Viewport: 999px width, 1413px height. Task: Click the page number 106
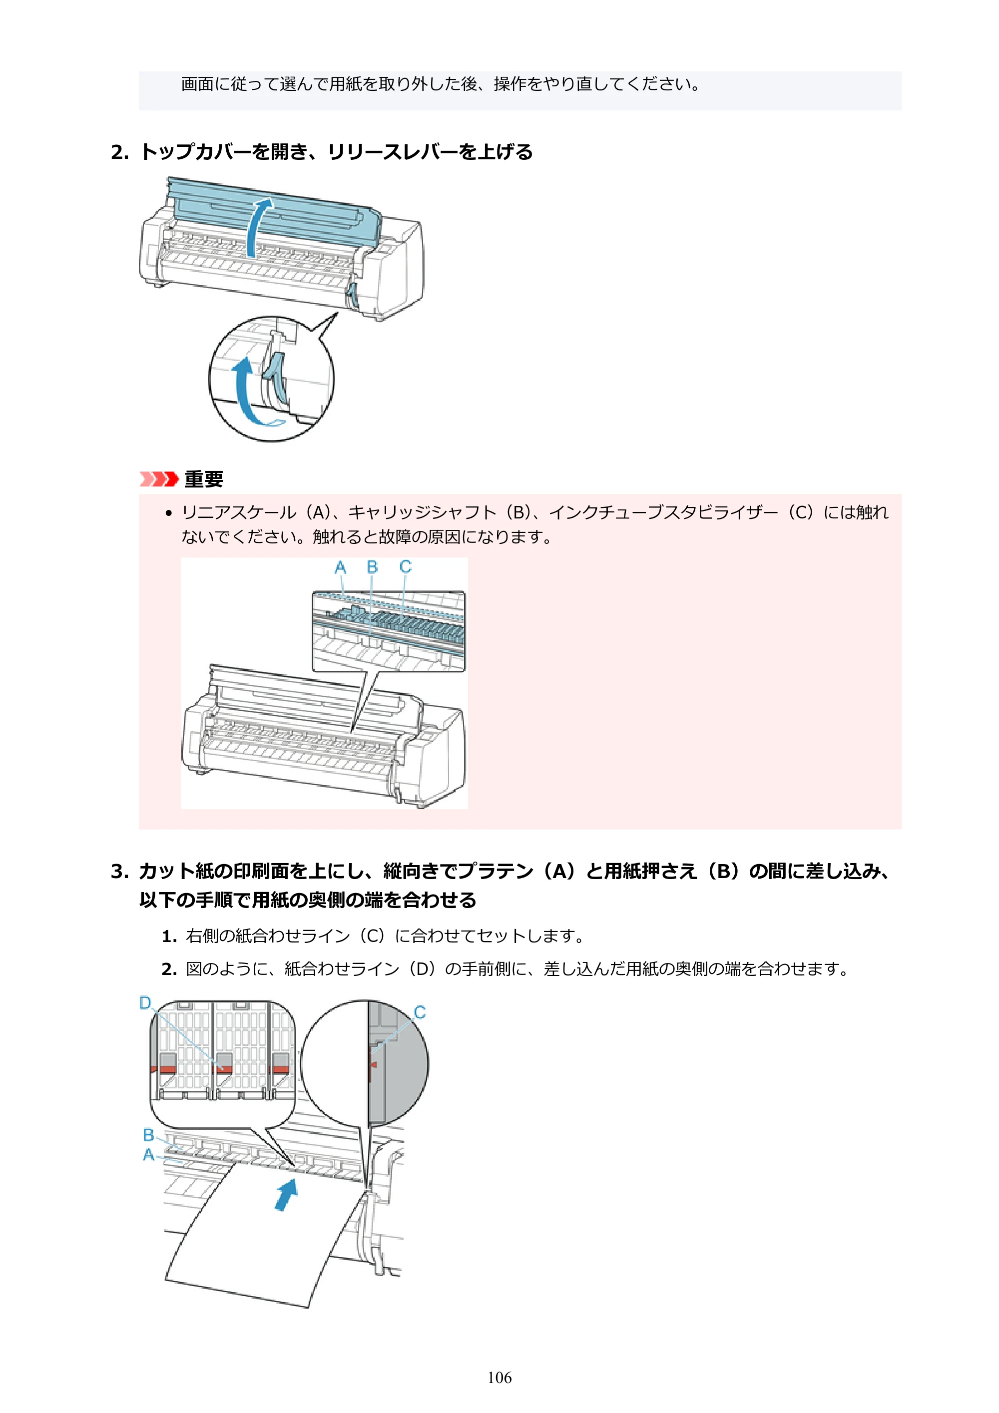(x=499, y=1378)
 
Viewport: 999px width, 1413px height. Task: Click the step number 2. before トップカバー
(x=120, y=152)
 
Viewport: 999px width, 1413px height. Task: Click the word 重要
(x=204, y=479)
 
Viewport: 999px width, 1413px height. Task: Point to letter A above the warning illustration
(x=340, y=567)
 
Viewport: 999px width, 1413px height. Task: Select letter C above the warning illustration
(x=405, y=566)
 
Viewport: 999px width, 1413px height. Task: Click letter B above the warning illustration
(x=372, y=566)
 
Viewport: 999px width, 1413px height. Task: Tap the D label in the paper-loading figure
(x=145, y=1003)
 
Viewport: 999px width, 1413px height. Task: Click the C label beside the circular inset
(x=420, y=1012)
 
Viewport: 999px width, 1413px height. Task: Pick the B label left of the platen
(x=148, y=1135)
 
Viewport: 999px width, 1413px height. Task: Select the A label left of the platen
(x=148, y=1155)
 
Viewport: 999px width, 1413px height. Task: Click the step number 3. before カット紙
(x=120, y=872)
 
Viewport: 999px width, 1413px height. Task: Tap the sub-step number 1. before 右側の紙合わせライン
(x=169, y=936)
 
